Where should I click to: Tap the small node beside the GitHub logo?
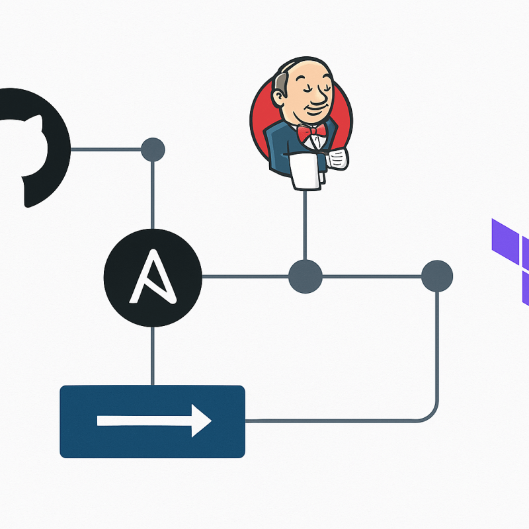[x=153, y=149]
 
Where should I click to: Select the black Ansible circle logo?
[x=153, y=276]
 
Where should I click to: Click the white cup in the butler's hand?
[x=339, y=158]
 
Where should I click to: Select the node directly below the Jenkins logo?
[x=305, y=276]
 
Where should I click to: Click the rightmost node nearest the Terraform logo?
[x=436, y=276]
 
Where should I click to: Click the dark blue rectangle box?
[x=152, y=421]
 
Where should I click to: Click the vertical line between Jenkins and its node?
[x=304, y=225]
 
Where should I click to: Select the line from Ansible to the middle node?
[x=245, y=276]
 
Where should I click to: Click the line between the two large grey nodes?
[x=370, y=276]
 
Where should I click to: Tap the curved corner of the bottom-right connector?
[x=430, y=414]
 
